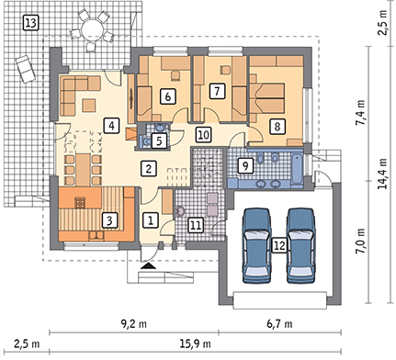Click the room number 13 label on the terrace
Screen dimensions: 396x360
(31, 23)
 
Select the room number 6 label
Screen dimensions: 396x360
(168, 96)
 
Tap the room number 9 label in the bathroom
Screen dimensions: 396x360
(245, 165)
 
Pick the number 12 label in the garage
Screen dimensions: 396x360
(279, 245)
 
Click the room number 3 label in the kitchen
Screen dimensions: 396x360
(110, 220)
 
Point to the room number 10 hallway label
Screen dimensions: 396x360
(204, 135)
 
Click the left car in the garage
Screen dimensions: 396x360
(257, 245)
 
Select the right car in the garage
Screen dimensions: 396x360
(301, 245)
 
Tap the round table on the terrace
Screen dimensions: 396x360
(92, 29)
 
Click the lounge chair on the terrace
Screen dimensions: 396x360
(26, 69)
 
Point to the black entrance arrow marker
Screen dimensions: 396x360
(149, 265)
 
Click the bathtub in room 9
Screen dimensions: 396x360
(297, 169)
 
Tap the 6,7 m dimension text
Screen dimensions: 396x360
(279, 323)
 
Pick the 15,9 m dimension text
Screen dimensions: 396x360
(195, 343)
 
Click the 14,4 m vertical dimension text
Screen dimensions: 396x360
(383, 174)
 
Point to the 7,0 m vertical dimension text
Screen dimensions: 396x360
(363, 241)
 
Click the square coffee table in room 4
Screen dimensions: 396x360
(89, 105)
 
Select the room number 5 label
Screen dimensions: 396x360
(159, 141)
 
